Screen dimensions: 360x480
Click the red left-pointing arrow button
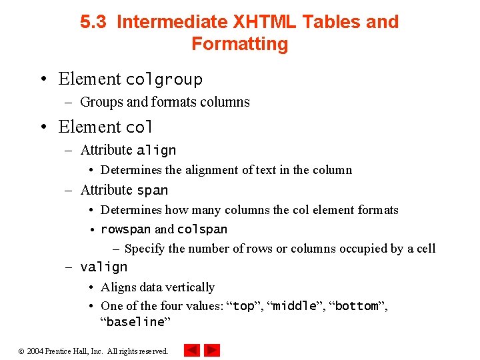coord(192,350)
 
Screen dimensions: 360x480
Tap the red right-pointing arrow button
coord(212,350)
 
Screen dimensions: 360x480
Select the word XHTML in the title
coord(265,22)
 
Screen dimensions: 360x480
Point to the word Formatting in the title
coord(239,44)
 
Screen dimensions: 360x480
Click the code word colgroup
coord(164,79)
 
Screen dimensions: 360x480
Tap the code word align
coord(156,151)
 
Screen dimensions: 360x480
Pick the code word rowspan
coord(125,229)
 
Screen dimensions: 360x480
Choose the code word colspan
coord(202,229)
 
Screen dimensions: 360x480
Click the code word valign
coord(103,267)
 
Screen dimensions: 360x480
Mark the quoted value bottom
coord(357,306)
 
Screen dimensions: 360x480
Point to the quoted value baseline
coord(135,322)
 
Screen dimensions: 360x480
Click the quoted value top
coord(243,306)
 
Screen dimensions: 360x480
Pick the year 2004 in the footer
coord(35,351)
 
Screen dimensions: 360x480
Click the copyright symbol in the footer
coord(21,351)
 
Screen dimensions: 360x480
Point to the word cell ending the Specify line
coord(426,249)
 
